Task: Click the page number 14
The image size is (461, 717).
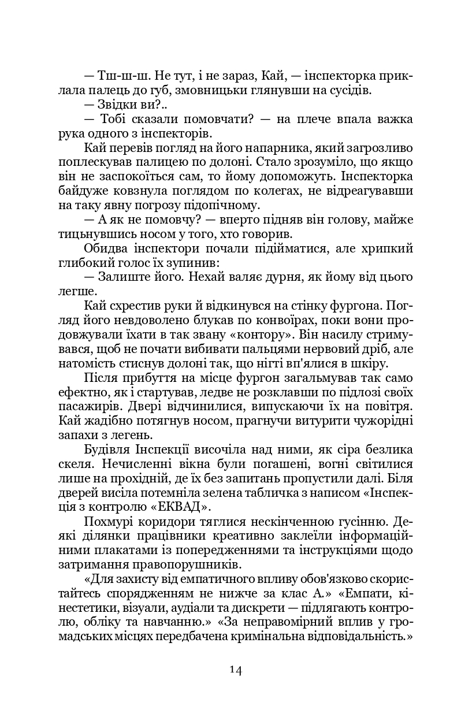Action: click(x=235, y=670)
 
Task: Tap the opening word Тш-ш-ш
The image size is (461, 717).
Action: click(x=115, y=76)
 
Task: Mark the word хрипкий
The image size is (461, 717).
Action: click(x=386, y=248)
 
